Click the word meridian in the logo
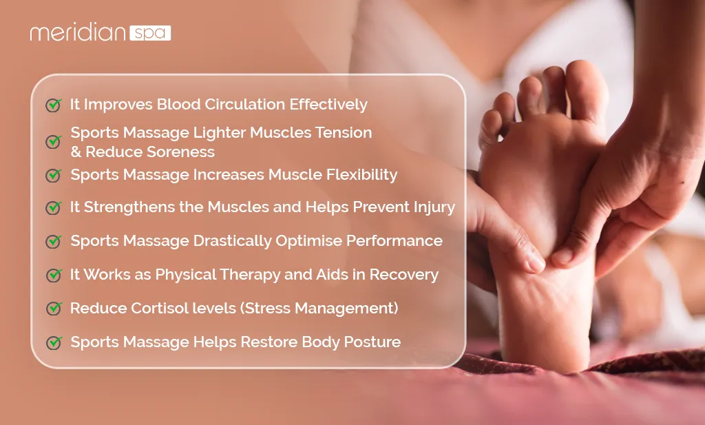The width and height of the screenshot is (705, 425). pos(77,33)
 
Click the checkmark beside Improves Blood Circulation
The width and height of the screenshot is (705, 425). pos(53,105)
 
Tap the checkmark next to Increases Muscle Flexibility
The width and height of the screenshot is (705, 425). pos(53,176)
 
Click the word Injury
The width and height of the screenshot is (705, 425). pos(432,207)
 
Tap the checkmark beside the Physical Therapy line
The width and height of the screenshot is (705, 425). pos(53,275)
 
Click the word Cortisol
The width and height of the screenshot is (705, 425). pos(151,308)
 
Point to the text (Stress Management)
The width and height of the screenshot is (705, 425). pos(319,308)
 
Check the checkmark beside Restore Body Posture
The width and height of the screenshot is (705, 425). pos(53,342)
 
